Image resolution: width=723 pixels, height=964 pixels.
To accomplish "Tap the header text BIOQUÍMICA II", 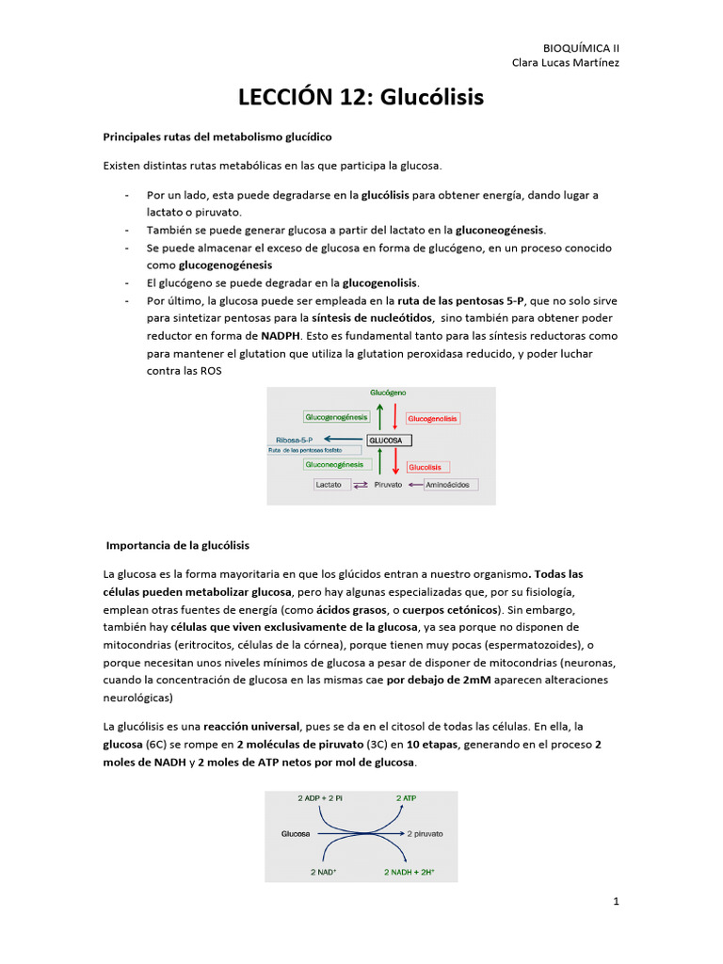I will [x=582, y=47].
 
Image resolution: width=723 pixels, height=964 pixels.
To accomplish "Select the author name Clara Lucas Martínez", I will [x=565, y=63].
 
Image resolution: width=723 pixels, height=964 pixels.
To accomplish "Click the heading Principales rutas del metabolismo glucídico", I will [x=217, y=137].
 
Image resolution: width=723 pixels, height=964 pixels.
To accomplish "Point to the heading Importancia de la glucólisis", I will [x=178, y=545].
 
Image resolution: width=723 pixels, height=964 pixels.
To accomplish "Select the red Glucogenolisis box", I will [x=433, y=417].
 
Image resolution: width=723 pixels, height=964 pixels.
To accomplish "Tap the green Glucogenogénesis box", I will [x=334, y=416].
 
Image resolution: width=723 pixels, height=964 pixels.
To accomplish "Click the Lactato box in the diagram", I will [x=329, y=485].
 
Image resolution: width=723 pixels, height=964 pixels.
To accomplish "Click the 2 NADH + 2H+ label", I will [x=410, y=872].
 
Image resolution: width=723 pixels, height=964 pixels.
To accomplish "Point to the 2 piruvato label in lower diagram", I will [x=425, y=834].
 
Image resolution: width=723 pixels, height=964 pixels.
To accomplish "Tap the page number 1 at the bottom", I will [x=617, y=902].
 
